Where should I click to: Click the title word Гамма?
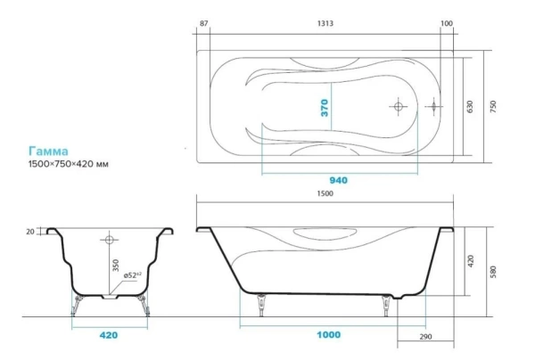pyautogui.click(x=48, y=151)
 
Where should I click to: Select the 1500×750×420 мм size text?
pyautogui.click(x=69, y=164)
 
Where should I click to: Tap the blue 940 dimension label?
pyautogui.click(x=339, y=180)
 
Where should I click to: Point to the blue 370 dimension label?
pyautogui.click(x=325, y=108)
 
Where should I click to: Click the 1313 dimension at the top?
pyautogui.click(x=325, y=23)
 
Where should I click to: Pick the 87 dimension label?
pyautogui.click(x=203, y=23)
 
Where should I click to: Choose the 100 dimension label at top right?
pyautogui.click(x=447, y=23)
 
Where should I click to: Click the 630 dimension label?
pyautogui.click(x=470, y=107)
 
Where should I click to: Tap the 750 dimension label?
pyautogui.click(x=493, y=107)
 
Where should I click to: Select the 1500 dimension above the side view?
pyautogui.click(x=325, y=193)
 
